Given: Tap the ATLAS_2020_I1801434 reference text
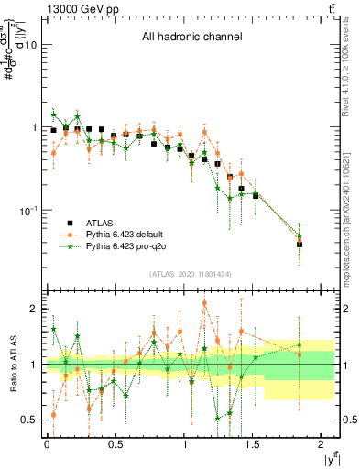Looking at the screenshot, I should (x=190, y=274).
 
